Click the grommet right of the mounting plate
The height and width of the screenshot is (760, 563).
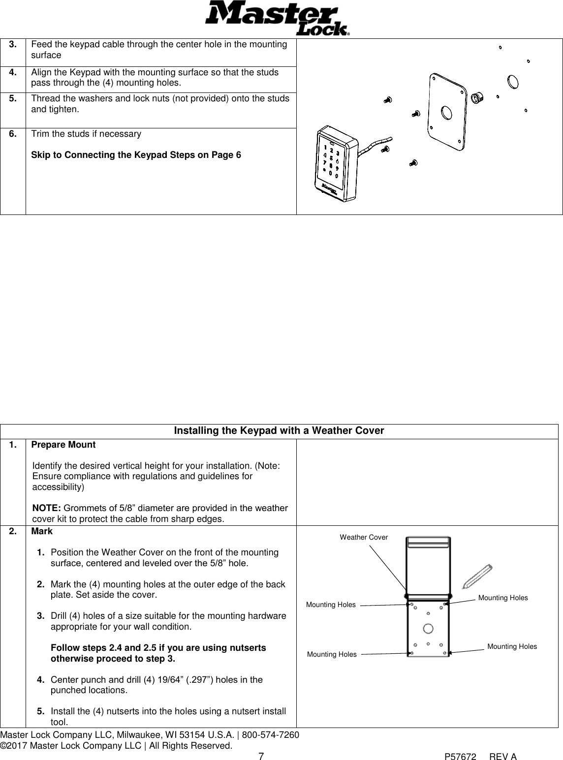click(476, 98)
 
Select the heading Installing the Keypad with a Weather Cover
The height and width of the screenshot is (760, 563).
click(279, 431)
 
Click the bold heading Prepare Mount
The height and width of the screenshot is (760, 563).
click(63, 445)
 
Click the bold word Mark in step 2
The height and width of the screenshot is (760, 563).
click(42, 532)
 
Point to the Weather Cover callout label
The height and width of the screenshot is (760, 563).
click(364, 537)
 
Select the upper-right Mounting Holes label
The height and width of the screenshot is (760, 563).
click(502, 598)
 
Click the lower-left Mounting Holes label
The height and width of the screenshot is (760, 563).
click(332, 654)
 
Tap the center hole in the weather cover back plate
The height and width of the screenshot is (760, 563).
click(428, 628)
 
